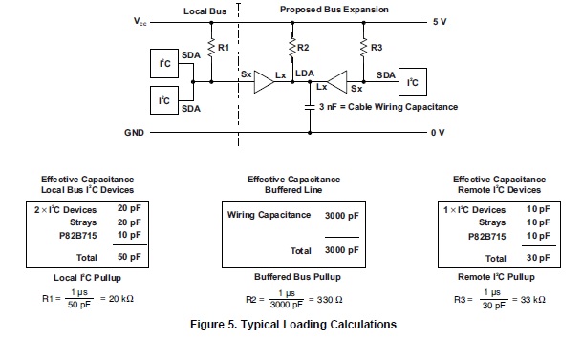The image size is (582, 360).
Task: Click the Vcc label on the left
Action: pos(141,21)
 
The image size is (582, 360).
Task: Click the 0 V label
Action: pos(437,132)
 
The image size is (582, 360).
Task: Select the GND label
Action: pos(134,132)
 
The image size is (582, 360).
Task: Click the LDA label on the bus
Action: pos(305,73)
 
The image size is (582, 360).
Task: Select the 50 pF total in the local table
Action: pos(129,258)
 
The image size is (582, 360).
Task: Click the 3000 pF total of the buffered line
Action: pos(340,250)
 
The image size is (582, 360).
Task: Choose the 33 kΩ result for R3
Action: pos(533,299)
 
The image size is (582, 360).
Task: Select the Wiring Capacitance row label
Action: pos(269,215)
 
